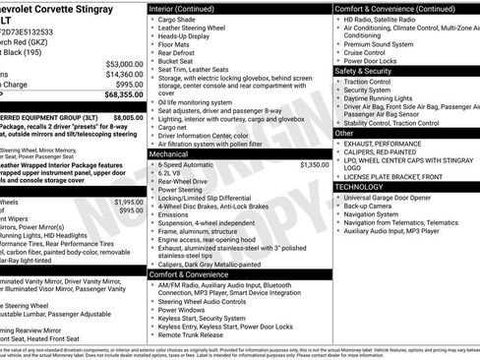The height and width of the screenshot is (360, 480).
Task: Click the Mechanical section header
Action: [169, 154]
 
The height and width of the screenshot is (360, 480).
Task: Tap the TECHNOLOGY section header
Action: [361, 185]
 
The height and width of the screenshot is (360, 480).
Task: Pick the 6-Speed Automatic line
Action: [190, 165]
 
